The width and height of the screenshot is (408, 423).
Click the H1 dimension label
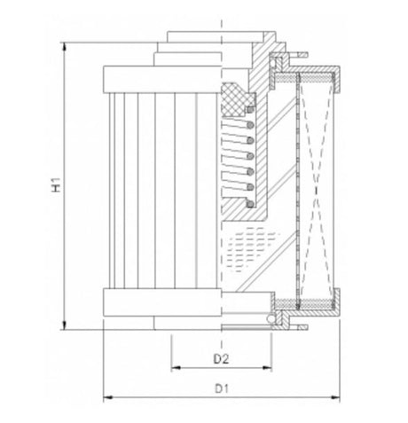[x=55, y=186]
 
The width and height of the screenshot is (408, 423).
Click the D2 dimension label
[x=223, y=357]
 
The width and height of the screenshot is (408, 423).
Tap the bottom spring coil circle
[x=250, y=205]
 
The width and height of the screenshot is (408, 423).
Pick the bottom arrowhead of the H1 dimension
[x=65, y=325]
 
